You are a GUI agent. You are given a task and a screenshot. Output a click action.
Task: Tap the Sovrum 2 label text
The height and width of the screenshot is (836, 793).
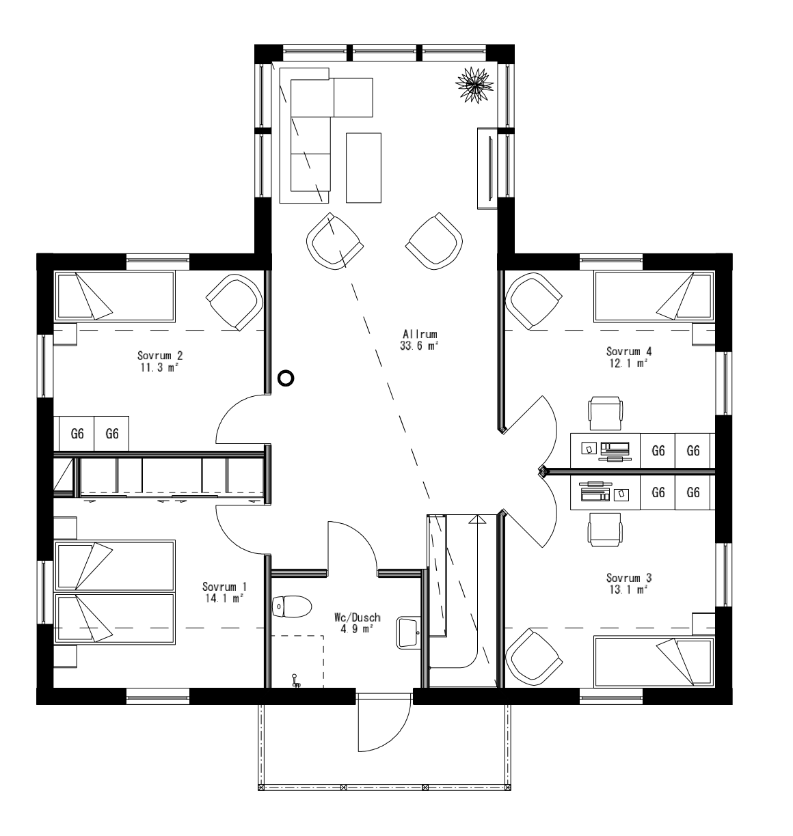pos(159,356)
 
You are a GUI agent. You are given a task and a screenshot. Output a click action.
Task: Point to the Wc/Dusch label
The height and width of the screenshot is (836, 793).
pos(357,617)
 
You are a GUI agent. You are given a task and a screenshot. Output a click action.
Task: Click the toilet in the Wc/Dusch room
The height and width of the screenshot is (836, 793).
pos(291,606)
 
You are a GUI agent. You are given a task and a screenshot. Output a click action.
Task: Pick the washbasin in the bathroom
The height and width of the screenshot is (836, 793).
pos(408,632)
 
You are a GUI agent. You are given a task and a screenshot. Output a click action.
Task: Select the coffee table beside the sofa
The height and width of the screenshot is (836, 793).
pos(364,167)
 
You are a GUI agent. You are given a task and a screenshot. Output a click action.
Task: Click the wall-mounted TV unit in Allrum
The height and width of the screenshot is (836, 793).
pos(489,167)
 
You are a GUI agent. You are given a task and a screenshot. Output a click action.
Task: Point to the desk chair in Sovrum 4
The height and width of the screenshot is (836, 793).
pos(606,413)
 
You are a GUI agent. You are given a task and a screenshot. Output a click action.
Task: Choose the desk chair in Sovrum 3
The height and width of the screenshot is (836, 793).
pos(606,528)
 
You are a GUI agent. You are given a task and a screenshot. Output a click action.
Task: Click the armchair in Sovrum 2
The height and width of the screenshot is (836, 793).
pos(234,301)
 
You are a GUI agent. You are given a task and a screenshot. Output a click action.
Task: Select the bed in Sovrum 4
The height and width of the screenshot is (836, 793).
pos(653,296)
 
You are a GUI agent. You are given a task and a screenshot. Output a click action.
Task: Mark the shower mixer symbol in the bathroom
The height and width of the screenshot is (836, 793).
pos(296,681)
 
